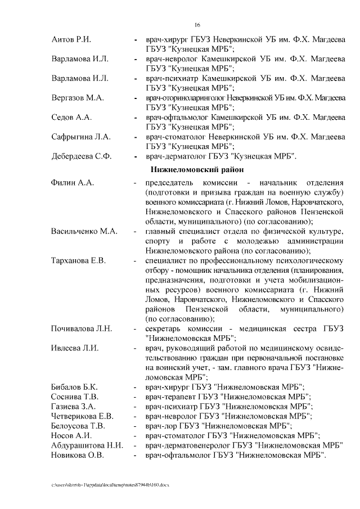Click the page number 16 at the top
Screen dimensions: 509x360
click(197, 25)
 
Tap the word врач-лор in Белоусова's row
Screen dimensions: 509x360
click(161, 425)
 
